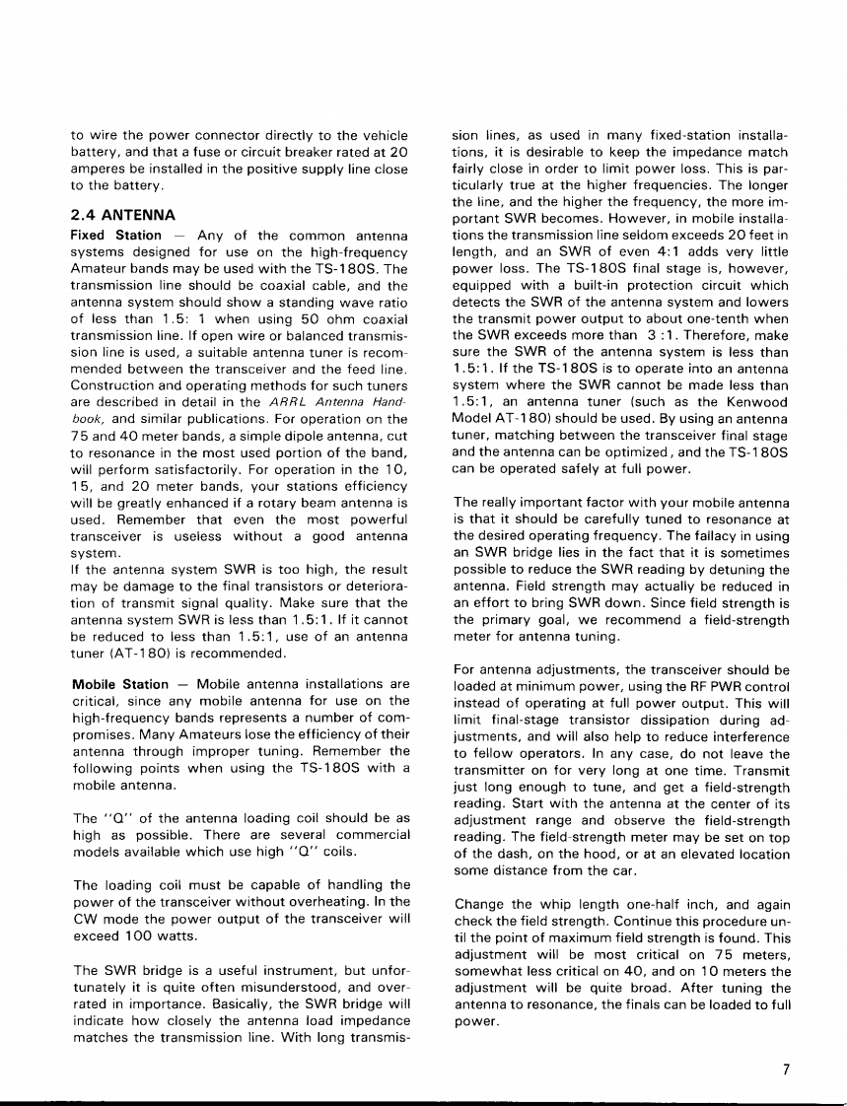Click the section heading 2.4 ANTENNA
123,214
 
